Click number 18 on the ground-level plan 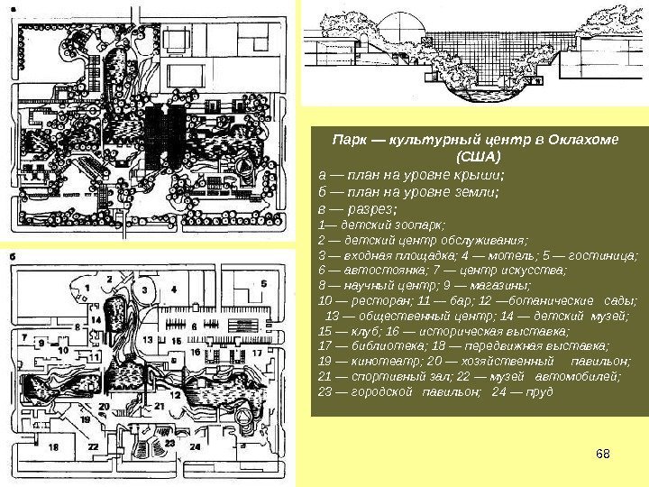54,446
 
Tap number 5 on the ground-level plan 264,283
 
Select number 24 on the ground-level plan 195,446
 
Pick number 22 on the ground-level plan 94,446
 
